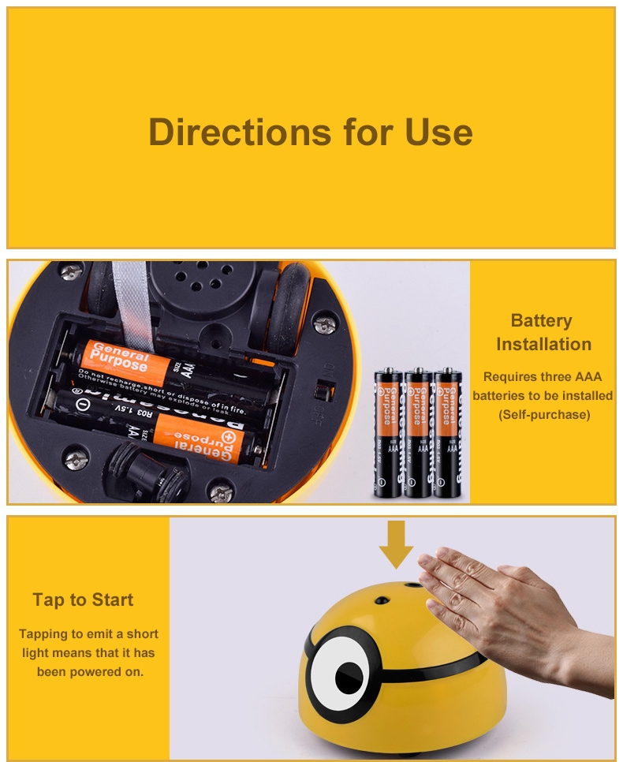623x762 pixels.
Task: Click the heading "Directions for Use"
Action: click(311, 132)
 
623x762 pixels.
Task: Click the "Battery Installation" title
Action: click(543, 332)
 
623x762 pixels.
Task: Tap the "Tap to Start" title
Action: click(83, 600)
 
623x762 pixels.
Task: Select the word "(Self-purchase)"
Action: click(544, 414)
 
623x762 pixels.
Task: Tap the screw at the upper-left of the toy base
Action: click(71, 270)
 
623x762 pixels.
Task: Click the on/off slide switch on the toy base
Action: click(321, 391)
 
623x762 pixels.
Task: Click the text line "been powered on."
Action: click(89, 671)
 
